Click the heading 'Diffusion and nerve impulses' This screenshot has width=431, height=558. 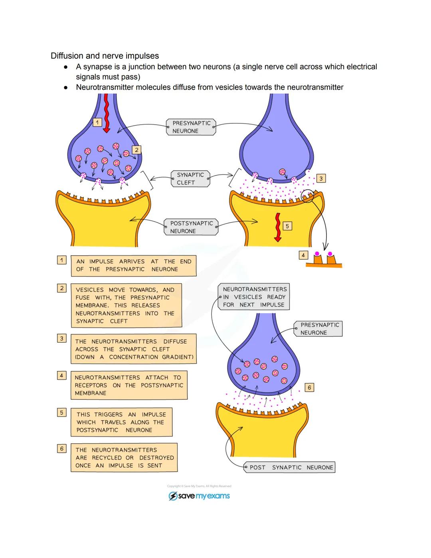[x=105, y=56]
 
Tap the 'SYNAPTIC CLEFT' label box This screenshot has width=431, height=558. [x=190, y=179]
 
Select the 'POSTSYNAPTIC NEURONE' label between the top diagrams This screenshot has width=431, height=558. [x=191, y=227]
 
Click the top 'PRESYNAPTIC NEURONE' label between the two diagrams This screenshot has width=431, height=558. [x=191, y=127]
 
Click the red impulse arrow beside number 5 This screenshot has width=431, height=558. [x=277, y=227]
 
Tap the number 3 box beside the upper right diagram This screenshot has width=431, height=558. [x=321, y=179]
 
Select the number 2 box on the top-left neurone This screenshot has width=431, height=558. [x=136, y=150]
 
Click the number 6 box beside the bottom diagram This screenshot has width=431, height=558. [x=309, y=387]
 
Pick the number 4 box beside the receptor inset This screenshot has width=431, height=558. [x=303, y=255]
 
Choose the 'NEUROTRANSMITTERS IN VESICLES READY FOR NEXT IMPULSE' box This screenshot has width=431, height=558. [x=254, y=297]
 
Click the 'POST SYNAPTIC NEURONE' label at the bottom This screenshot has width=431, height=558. [x=290, y=467]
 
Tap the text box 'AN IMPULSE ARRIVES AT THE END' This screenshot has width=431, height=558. [x=134, y=266]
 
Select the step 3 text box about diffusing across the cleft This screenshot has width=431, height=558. [x=134, y=349]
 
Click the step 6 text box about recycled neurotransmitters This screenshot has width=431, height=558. [x=124, y=458]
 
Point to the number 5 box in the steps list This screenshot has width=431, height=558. [x=61, y=413]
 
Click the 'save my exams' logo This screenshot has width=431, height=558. [x=199, y=496]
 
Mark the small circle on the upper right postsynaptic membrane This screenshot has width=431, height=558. [x=308, y=196]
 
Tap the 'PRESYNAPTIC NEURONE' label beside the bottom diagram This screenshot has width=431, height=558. [x=318, y=329]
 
